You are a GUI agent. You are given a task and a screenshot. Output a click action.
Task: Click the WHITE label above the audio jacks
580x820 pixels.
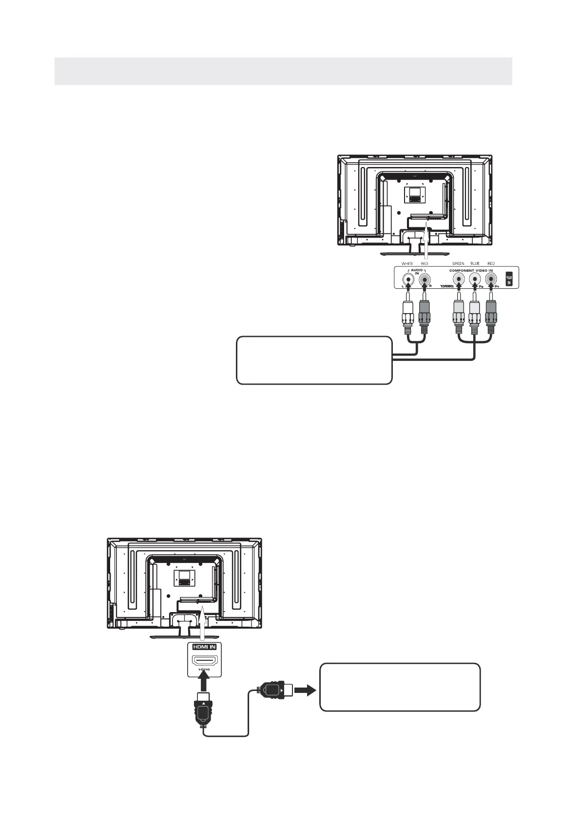pos(407,263)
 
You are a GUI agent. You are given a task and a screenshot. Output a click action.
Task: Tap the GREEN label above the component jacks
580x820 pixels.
pos(458,263)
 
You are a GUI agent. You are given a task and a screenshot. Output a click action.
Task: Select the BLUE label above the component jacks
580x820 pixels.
pos(475,263)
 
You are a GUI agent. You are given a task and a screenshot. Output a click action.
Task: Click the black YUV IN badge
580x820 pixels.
pos(509,279)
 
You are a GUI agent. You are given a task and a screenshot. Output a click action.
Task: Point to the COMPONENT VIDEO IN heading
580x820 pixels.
pos(471,270)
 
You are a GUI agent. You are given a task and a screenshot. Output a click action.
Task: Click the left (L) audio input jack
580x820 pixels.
pos(408,280)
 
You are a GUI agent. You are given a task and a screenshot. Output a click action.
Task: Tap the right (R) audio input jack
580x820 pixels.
pos(425,280)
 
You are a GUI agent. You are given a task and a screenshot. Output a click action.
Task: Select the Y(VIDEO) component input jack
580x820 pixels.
pos(458,280)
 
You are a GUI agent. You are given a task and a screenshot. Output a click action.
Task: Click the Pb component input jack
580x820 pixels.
pos(475,280)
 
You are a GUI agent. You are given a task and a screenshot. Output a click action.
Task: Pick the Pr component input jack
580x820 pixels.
pos(491,280)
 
